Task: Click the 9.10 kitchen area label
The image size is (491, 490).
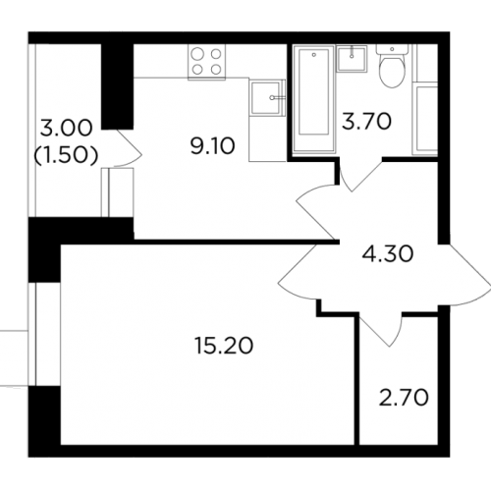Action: point(213,146)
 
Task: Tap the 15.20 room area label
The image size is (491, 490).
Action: point(224,346)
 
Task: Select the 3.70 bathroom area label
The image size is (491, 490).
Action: point(366,121)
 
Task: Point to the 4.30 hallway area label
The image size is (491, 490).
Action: point(388,254)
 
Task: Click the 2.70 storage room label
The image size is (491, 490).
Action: point(404,398)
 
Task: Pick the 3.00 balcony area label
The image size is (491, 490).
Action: point(66,128)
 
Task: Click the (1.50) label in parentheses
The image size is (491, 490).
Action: point(67,155)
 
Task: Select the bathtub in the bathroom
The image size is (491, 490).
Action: point(314,99)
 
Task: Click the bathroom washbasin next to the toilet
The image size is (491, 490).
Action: point(352,59)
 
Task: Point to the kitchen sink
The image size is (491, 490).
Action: point(267,97)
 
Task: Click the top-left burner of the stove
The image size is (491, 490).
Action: point(196,54)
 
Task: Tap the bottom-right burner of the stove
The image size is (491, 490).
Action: point(216,69)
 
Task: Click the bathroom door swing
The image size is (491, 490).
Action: point(360,175)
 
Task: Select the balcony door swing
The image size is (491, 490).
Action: point(129,149)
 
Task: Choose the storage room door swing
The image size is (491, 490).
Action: point(381,329)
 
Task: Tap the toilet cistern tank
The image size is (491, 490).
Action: point(392,50)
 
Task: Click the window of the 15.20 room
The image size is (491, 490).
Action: point(32,334)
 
